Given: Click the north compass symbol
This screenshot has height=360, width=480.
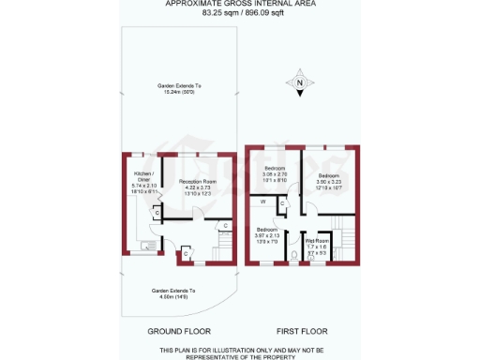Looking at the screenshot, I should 299,84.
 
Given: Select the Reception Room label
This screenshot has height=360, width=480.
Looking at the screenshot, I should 191,181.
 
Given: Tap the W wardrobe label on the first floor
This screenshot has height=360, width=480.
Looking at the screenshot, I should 263,202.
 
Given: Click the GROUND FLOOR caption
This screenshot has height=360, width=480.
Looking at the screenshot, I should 179,332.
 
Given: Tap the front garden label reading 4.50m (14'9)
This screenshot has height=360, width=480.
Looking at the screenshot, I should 173,294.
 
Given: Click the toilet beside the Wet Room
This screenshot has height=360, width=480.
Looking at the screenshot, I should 295,253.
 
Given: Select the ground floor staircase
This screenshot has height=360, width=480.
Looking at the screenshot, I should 223,248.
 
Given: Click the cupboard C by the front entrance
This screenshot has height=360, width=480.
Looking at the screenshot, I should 187,253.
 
